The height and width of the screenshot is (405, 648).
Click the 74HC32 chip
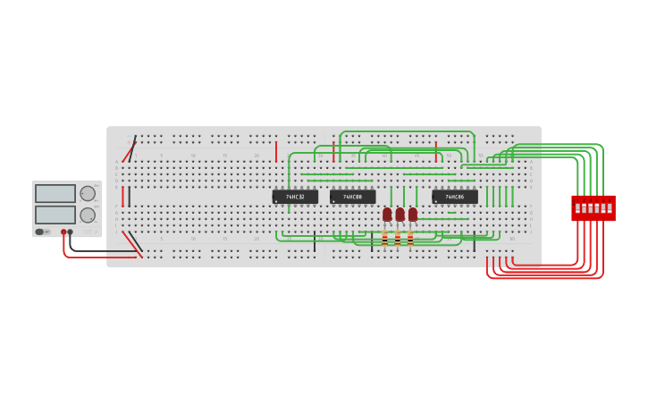coord(295,197)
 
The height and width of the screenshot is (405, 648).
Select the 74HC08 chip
coord(352,197)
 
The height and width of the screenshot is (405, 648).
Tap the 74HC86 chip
coord(454,197)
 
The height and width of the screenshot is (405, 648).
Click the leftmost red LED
coord(387,215)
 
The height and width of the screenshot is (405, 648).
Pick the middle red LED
coord(400,215)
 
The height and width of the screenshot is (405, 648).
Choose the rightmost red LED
coord(412,215)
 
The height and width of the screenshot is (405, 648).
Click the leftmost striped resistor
coord(384,239)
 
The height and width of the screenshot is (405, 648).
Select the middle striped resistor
coord(397,239)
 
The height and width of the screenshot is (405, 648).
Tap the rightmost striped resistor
coord(409,239)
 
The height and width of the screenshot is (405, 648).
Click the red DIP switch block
coord(593,208)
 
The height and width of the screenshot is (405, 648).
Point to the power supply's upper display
coord(55,194)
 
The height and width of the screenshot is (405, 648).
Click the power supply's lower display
coord(55,215)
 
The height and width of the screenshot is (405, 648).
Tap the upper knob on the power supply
coord(88,193)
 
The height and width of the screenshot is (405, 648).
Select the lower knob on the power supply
coord(88,215)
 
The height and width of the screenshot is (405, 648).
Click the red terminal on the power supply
coord(63,232)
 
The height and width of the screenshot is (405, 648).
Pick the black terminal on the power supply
coord(71,232)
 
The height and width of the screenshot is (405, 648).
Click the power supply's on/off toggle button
coord(40,232)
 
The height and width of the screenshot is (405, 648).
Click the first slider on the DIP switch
coord(578,208)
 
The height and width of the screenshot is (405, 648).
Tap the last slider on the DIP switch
coord(610,208)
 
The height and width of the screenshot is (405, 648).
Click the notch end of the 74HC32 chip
coord(274,197)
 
